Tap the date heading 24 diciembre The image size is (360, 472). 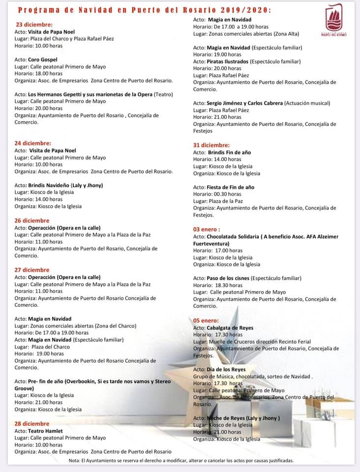pos(33,143)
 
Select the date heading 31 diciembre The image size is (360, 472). pos(211,145)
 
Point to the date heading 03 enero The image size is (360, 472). pos(206,229)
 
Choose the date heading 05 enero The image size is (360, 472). pos(206,320)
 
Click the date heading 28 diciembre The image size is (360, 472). pos(32,423)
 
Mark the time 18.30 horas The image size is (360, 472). pos(229,285)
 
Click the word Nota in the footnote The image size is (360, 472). pos(75,461)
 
